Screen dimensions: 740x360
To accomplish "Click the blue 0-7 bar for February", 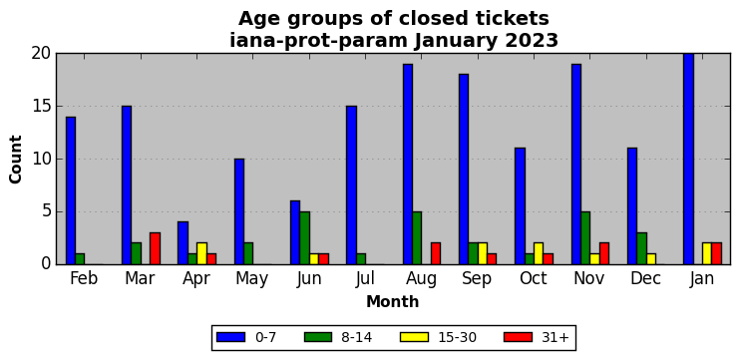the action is click(71, 190).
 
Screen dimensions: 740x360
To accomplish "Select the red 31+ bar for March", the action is click(155, 248).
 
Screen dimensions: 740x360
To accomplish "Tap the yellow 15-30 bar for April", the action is click(201, 254).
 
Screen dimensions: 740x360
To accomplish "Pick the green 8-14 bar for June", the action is click(304, 238).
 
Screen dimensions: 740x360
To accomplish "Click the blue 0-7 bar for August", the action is click(408, 165).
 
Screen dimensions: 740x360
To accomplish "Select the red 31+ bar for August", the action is click(436, 254).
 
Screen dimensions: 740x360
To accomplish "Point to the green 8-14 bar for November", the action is click(585, 238).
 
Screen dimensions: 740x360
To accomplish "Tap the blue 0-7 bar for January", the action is click(688, 159).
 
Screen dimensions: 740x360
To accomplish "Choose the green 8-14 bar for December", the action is click(641, 248).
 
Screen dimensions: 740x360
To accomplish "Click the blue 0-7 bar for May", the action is click(239, 211).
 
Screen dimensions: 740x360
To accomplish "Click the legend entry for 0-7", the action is click(246, 337).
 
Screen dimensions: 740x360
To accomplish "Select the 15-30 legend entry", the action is click(438, 337).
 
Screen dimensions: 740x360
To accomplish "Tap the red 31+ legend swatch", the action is click(519, 337).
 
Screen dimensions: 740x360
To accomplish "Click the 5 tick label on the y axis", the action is click(45, 211).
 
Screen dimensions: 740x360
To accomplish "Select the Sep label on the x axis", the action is click(476, 279).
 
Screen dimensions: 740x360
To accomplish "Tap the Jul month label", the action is click(365, 279).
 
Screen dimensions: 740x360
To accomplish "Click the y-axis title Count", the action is click(16, 159).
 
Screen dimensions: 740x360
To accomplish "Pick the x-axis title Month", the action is click(393, 301).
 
